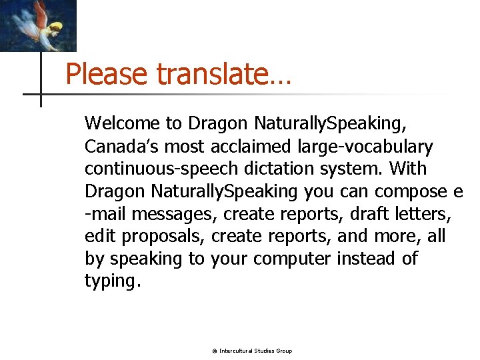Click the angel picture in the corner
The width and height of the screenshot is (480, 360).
coord(38,25)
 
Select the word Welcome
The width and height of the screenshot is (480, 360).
coord(123,123)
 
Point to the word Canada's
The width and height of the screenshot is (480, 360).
coord(122,146)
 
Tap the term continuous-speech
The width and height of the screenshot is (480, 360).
coord(156,169)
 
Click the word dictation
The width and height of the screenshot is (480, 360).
coord(268,169)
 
